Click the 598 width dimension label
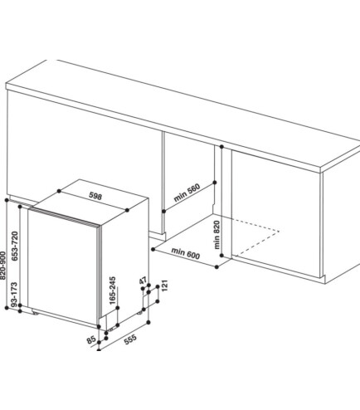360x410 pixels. click(95, 196)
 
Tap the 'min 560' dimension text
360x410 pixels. click(187, 193)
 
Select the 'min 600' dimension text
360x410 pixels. click(185, 253)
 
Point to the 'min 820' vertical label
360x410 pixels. click(217, 235)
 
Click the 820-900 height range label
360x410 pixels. click(2, 265)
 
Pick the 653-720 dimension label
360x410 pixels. click(15, 246)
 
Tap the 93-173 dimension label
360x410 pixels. click(14, 295)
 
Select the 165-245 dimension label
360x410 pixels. click(113, 290)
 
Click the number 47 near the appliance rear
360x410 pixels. click(143, 281)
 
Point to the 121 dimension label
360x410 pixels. click(165, 286)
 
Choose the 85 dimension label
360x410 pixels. click(91, 339)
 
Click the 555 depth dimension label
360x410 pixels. click(130, 339)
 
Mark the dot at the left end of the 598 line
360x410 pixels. click(59, 191)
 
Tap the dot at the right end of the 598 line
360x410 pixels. click(127, 210)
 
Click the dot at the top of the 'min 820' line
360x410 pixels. click(221, 147)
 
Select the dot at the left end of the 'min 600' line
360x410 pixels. click(153, 249)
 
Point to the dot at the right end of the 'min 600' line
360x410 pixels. click(216, 267)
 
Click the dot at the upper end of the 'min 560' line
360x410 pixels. click(215, 183)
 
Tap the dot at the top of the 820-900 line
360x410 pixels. click(7, 200)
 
